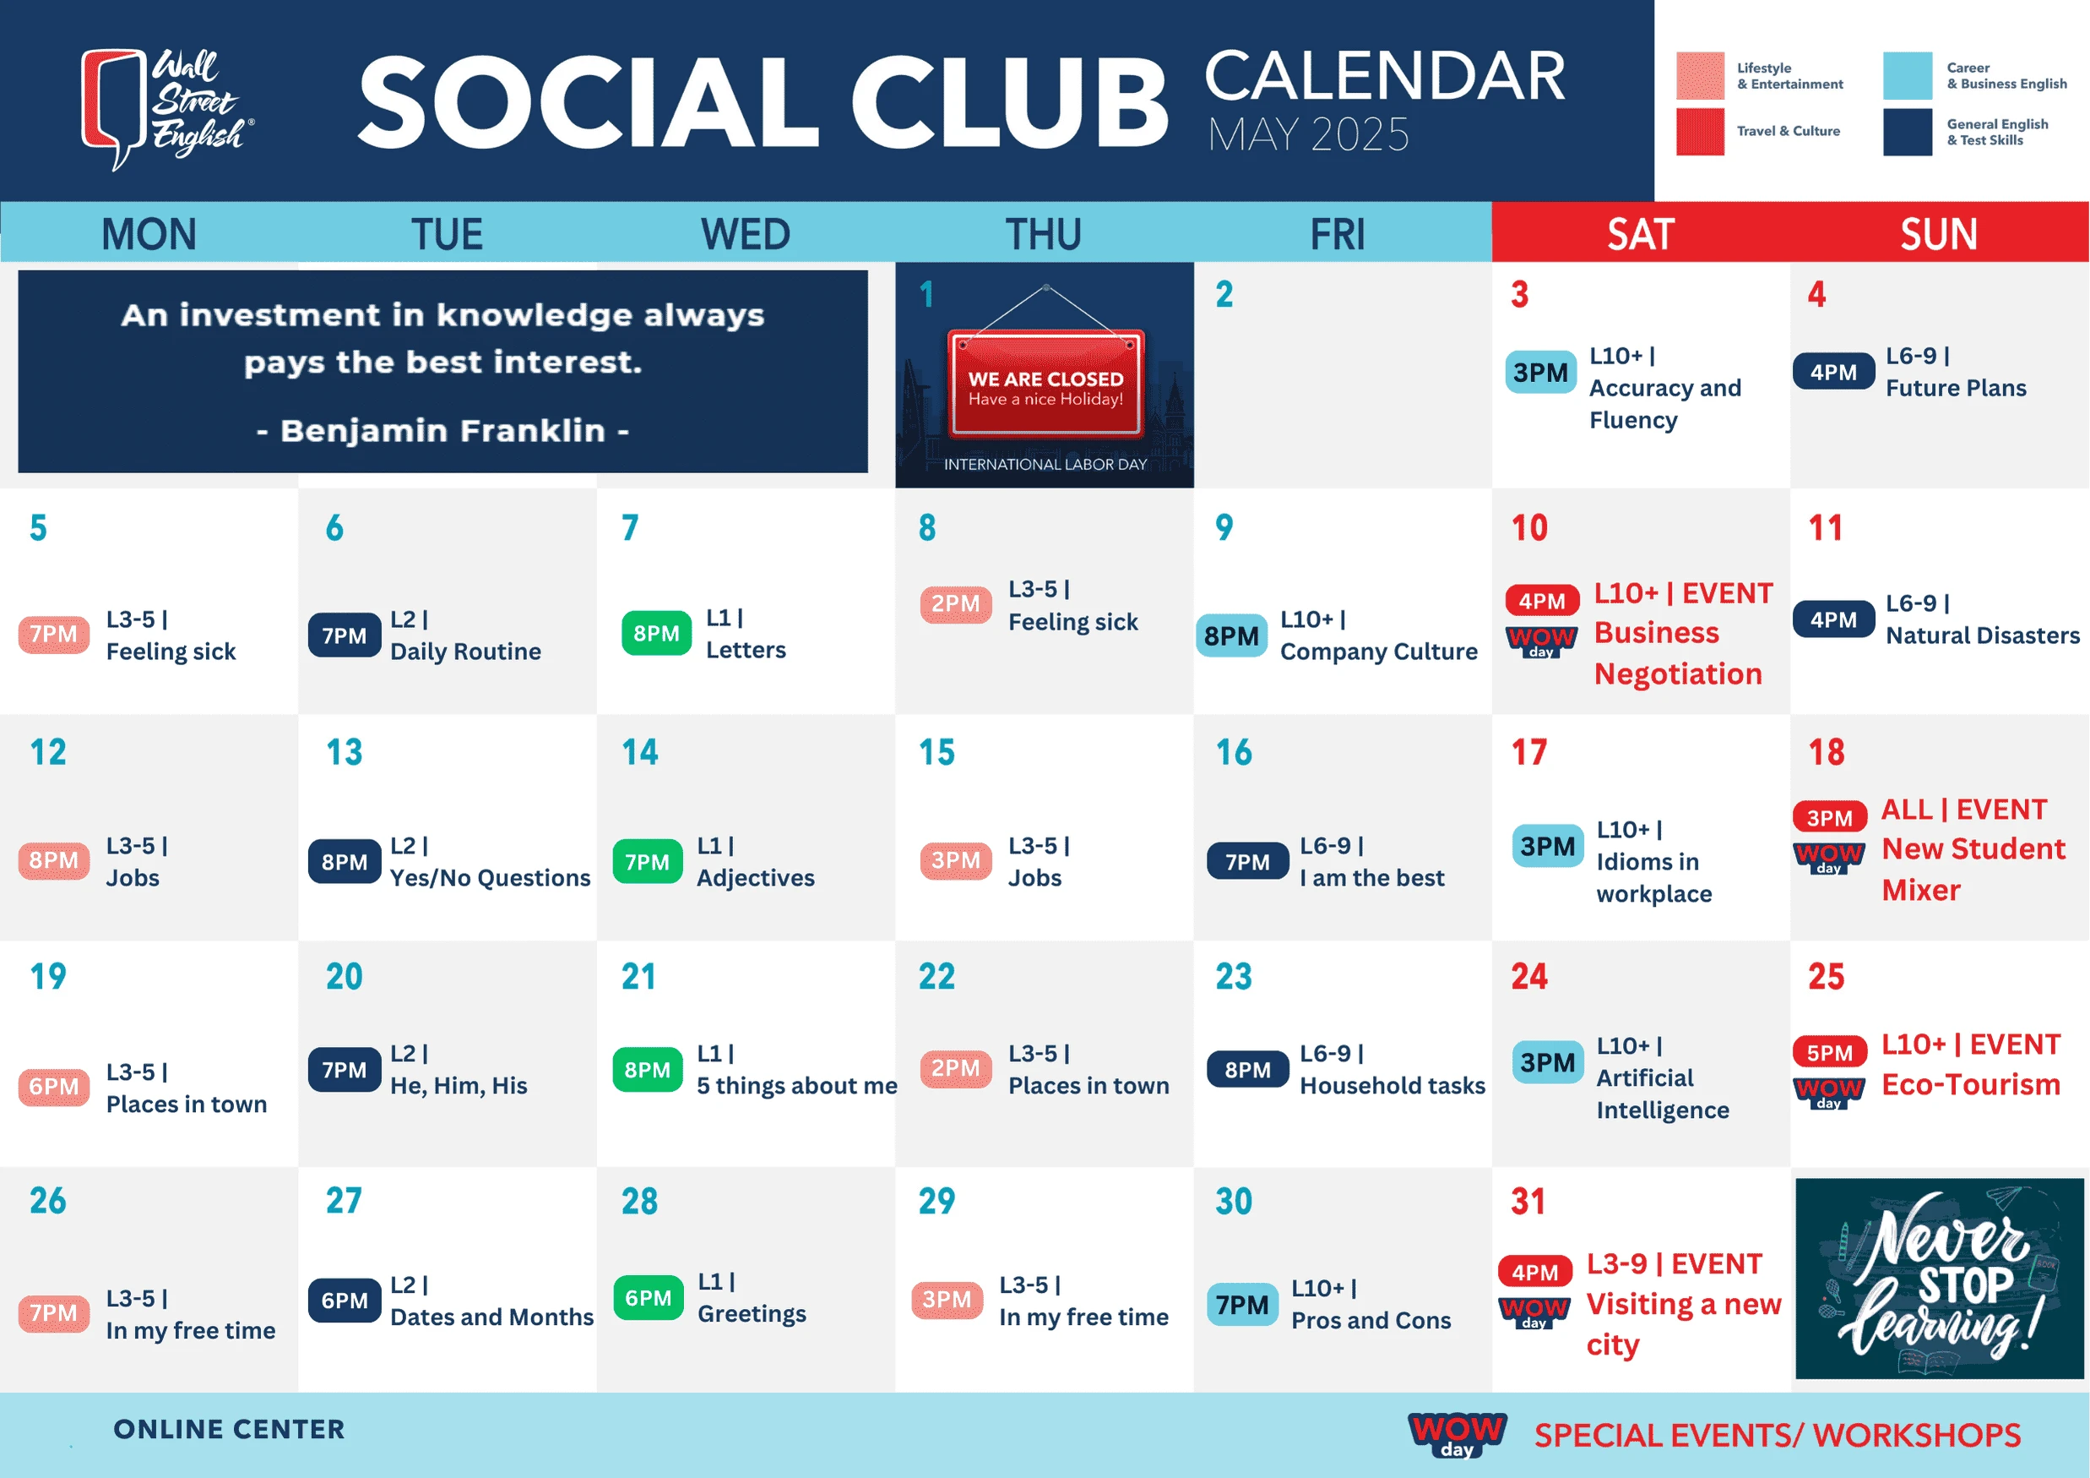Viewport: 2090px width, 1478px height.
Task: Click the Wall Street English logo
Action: (166, 108)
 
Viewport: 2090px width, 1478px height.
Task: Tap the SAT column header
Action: (1640, 234)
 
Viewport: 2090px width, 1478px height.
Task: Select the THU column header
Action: (1043, 234)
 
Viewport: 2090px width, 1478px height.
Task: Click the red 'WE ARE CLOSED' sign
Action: (1046, 384)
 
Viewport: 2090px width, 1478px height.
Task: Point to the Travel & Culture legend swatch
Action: (1700, 132)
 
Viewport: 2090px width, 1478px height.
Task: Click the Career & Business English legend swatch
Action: (1907, 75)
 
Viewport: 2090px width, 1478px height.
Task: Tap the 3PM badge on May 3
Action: (1540, 373)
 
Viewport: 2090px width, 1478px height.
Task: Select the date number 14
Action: (640, 752)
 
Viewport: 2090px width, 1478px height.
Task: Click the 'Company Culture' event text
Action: (1379, 652)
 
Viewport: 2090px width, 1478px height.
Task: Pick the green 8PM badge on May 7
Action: (656, 634)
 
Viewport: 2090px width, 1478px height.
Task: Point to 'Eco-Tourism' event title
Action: (1971, 1084)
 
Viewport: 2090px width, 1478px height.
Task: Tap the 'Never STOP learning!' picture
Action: (1939, 1279)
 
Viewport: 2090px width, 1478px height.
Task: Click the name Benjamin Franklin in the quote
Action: (442, 431)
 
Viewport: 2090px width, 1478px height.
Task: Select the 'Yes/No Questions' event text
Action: (490, 878)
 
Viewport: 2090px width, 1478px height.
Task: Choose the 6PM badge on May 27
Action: (344, 1301)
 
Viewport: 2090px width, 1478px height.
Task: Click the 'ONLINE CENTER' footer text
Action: (230, 1430)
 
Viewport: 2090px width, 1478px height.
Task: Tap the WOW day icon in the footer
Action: (1458, 1434)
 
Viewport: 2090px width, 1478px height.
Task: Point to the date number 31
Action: (1528, 1202)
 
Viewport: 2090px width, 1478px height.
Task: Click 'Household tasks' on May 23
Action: (1392, 1086)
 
